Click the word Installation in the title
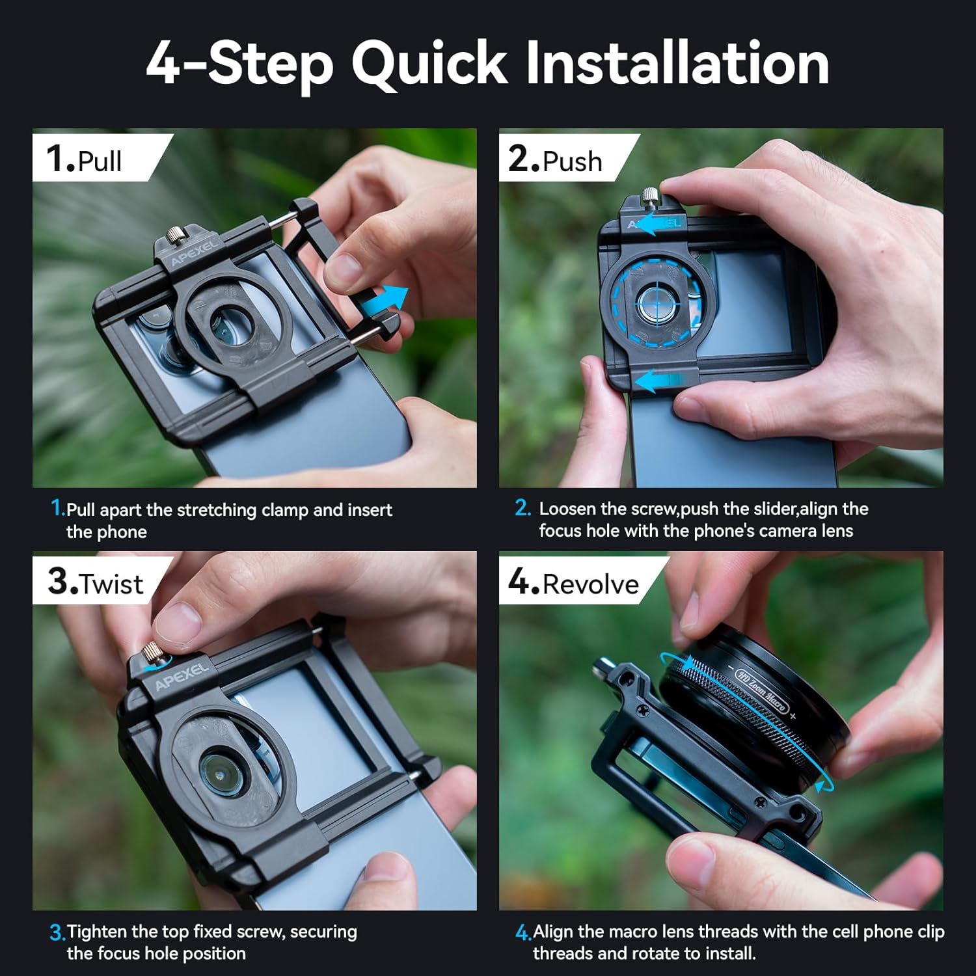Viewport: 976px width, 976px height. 677,63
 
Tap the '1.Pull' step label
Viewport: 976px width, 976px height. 85,159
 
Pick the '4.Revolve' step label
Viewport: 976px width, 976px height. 573,583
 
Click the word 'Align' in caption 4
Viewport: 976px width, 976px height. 553,932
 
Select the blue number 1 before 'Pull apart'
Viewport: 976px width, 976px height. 57,508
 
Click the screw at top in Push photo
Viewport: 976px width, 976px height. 649,195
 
